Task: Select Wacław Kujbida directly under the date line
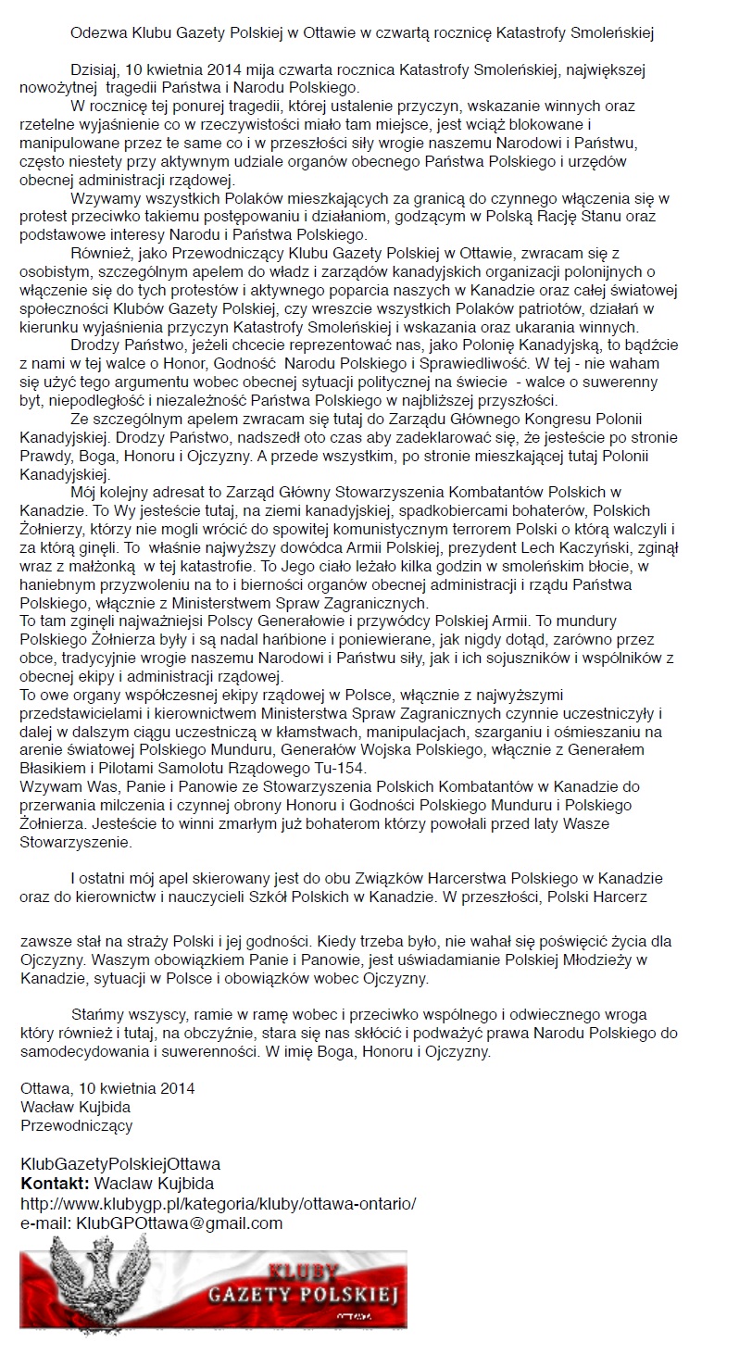click(x=76, y=1107)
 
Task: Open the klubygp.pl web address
click(x=218, y=1203)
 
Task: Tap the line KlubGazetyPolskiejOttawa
click(x=120, y=1163)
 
